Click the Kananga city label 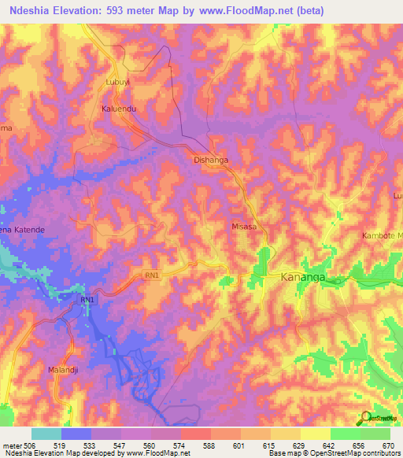click(303, 278)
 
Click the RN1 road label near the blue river click(87, 301)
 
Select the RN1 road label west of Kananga click(151, 275)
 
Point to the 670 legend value click(388, 445)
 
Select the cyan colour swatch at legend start click(46, 434)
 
